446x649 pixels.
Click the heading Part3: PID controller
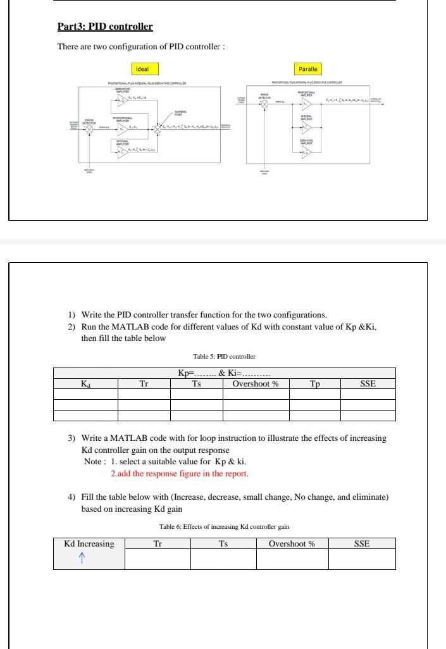tap(105, 27)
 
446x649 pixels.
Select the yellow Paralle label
tap(309, 68)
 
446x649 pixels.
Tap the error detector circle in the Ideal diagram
tap(90, 128)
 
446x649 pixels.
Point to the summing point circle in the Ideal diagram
tap(158, 129)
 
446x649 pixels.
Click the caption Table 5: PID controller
tap(224, 357)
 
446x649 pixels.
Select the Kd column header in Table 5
tap(85, 383)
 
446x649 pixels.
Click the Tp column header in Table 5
tap(315, 383)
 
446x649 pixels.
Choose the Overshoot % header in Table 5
tap(256, 383)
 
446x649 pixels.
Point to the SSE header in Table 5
tap(368, 383)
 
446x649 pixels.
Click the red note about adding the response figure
tap(180, 473)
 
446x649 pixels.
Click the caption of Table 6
tap(224, 527)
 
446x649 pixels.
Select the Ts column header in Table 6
tap(223, 543)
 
